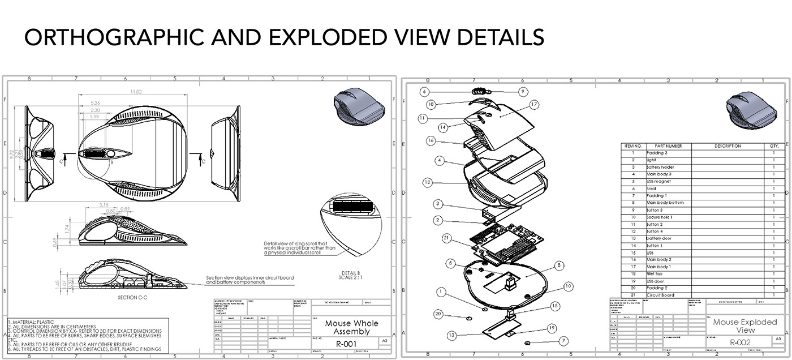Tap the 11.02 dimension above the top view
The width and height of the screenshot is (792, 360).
pyautogui.click(x=136, y=92)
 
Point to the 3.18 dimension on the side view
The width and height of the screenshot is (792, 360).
pyautogui.click(x=104, y=204)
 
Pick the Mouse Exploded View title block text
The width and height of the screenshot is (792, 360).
pyautogui.click(x=744, y=325)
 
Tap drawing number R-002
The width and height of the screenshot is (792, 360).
pyautogui.click(x=740, y=342)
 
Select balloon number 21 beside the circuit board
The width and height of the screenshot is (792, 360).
pyautogui.click(x=446, y=238)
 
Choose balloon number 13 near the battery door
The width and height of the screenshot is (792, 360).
pyautogui.click(x=451, y=335)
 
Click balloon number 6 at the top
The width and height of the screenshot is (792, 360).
pyautogui.click(x=425, y=91)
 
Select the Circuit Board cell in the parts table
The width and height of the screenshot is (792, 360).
pyautogui.click(x=661, y=295)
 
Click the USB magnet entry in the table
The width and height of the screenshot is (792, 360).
pyautogui.click(x=660, y=182)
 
